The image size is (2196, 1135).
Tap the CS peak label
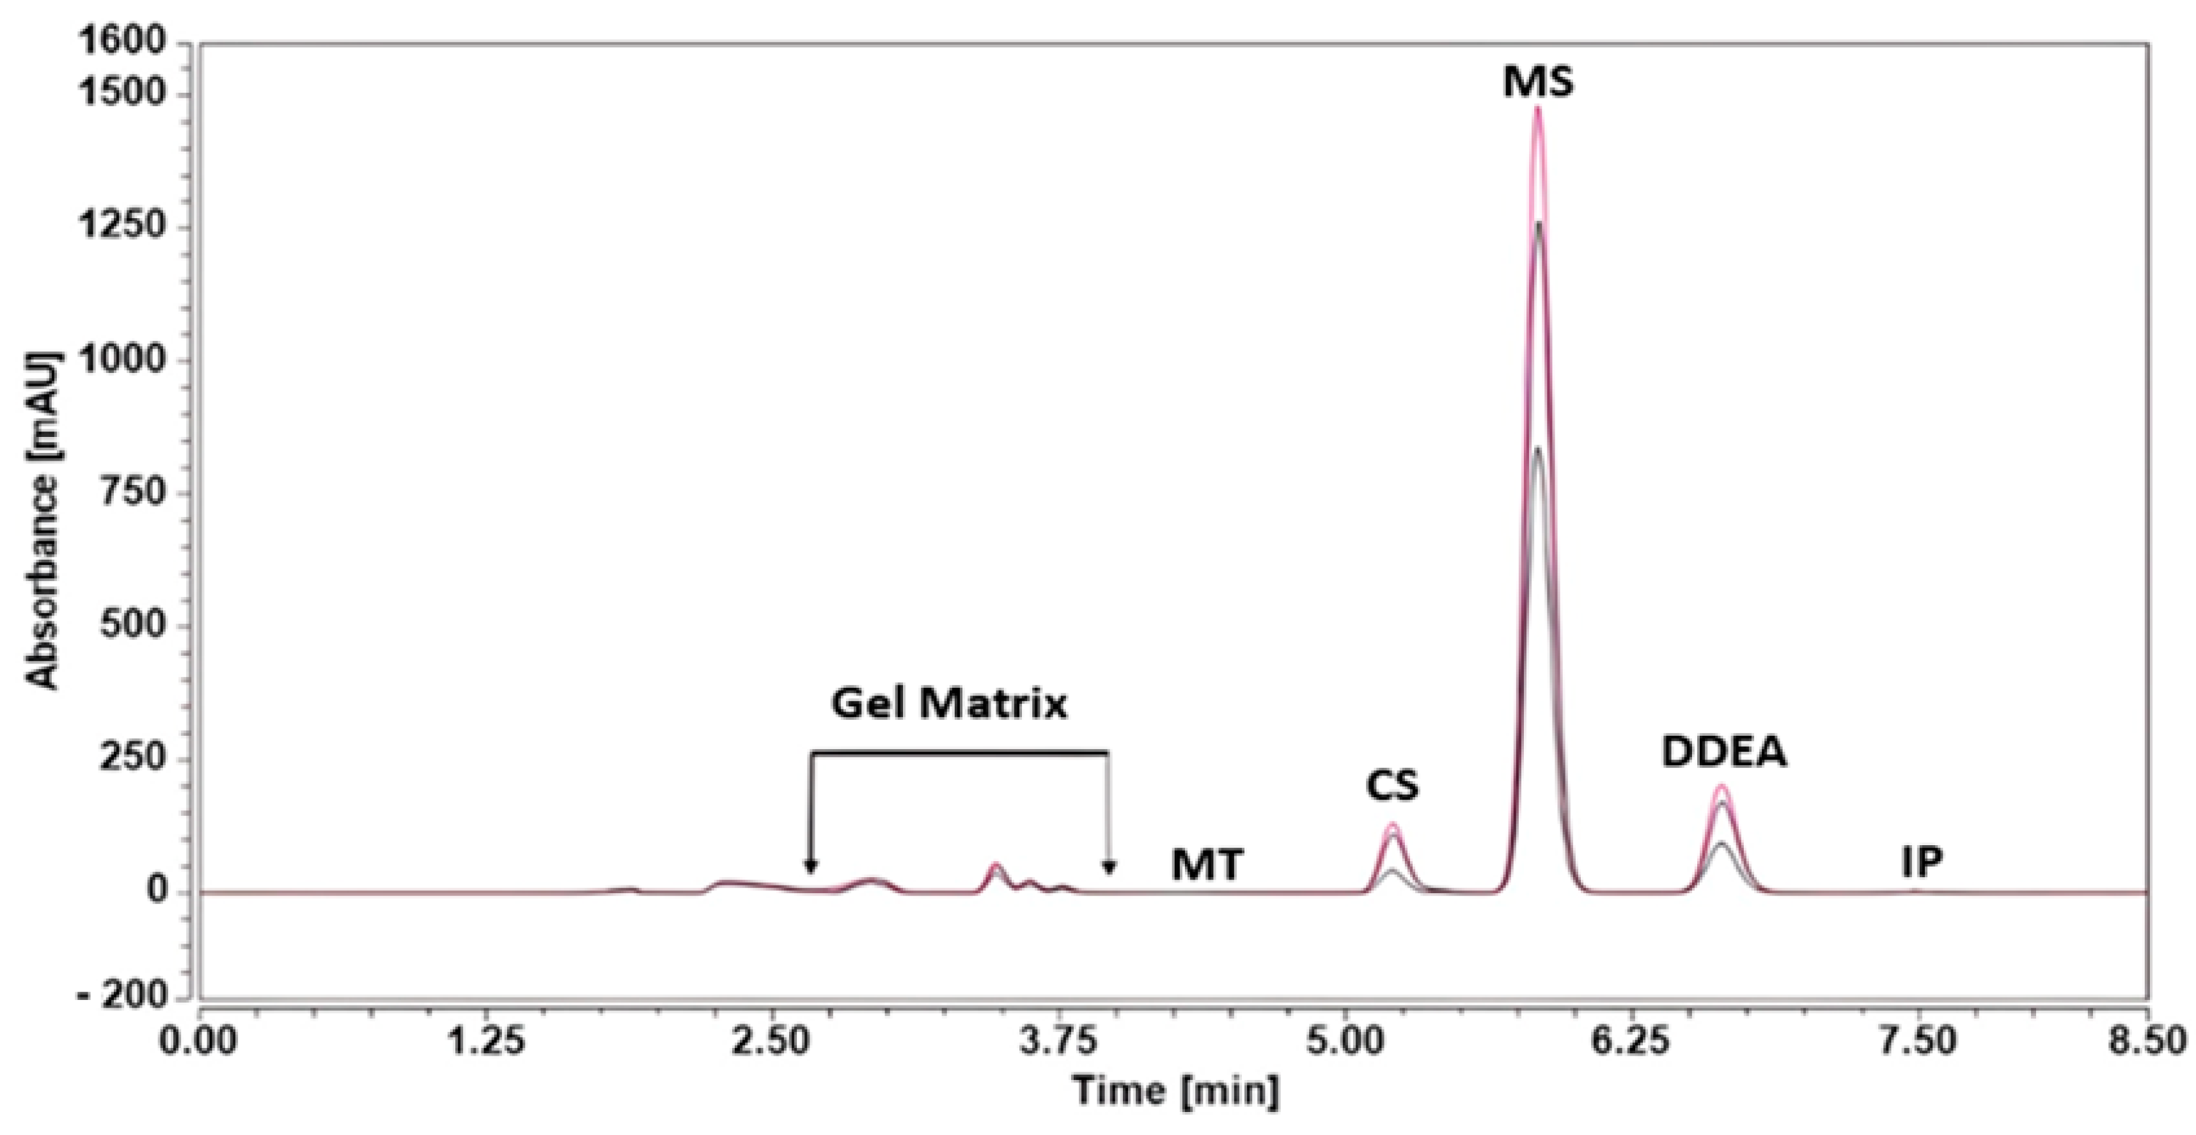point(1393,786)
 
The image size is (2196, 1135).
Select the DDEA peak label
point(1723,753)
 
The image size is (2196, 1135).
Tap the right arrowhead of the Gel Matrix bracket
point(1108,868)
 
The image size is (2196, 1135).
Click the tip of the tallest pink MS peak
point(1538,108)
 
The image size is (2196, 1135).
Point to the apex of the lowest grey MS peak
point(1538,448)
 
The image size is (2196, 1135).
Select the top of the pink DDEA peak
point(1721,786)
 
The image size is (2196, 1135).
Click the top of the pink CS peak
point(1393,825)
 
